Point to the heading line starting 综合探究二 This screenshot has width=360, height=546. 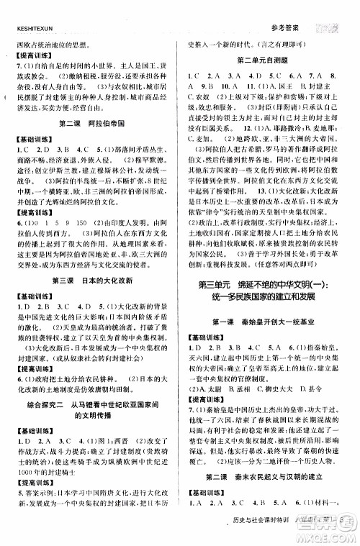pos(90,404)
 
